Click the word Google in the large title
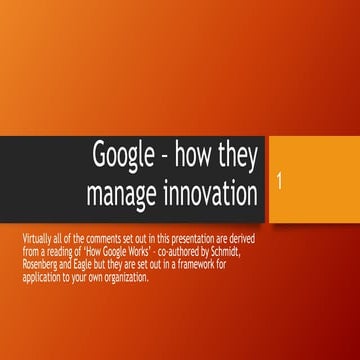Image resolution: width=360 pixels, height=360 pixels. (123, 156)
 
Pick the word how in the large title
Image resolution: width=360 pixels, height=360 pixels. (195, 156)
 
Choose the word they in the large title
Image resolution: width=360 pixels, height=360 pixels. (239, 156)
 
